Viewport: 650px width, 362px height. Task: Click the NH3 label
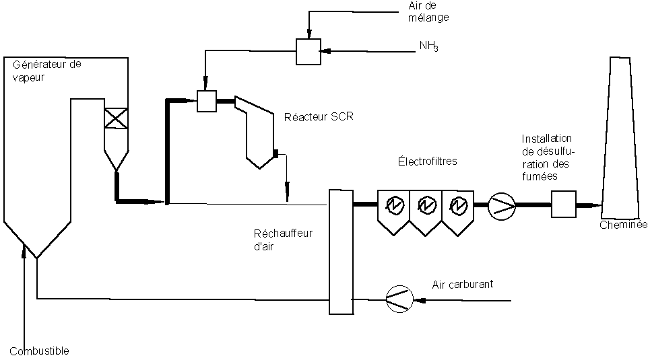[x=429, y=46]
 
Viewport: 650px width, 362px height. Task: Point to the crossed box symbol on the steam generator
[x=116, y=118]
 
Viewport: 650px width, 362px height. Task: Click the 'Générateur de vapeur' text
[x=46, y=70]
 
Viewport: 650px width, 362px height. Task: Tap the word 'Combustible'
[x=40, y=351]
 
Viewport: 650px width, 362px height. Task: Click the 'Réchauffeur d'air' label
[x=274, y=239]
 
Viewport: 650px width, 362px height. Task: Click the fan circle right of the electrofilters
[x=500, y=205]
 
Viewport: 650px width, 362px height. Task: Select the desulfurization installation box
[x=563, y=204]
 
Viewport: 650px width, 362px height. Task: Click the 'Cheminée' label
[x=624, y=225]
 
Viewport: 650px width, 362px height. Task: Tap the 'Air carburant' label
[x=463, y=284]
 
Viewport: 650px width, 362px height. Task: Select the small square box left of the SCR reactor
[x=205, y=101]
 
